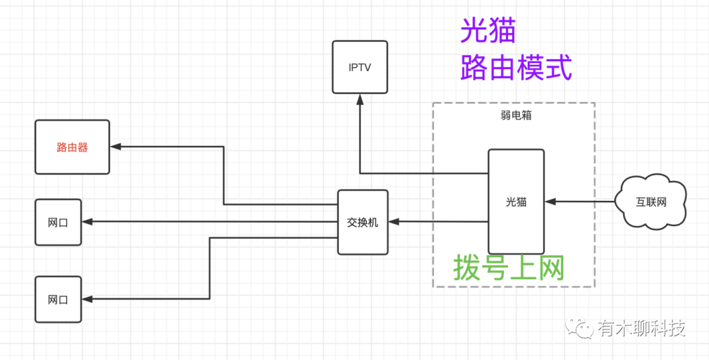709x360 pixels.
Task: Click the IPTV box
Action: pyautogui.click(x=359, y=67)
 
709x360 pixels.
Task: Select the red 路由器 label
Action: pyautogui.click(x=72, y=147)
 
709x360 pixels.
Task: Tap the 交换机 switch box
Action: pyautogui.click(x=362, y=222)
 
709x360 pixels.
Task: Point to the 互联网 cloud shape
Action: pyautogui.click(x=652, y=202)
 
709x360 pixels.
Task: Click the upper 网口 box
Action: pyautogui.click(x=58, y=222)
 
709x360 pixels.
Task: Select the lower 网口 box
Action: pyautogui.click(x=58, y=300)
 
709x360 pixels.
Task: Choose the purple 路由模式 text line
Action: pyautogui.click(x=516, y=68)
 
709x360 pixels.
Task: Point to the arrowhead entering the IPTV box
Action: pyautogui.click(x=360, y=99)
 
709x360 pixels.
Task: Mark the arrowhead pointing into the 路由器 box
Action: pyautogui.click(x=115, y=146)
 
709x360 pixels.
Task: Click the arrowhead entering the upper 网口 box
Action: pyautogui.click(x=87, y=222)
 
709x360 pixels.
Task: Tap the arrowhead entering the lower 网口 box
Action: pyautogui.click(x=87, y=300)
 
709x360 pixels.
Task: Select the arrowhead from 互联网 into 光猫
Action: pyautogui.click(x=550, y=202)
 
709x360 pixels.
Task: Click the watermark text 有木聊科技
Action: pyautogui.click(x=641, y=328)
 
